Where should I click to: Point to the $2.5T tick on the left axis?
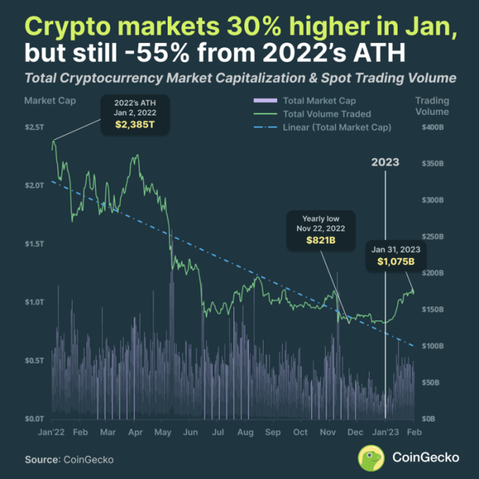coord(35,128)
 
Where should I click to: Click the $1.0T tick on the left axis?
coord(35,302)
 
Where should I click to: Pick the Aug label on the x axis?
coord(245,433)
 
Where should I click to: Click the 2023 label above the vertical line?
coord(385,162)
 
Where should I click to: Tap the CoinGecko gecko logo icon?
coord(371,458)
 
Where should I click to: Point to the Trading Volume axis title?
coord(432,106)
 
